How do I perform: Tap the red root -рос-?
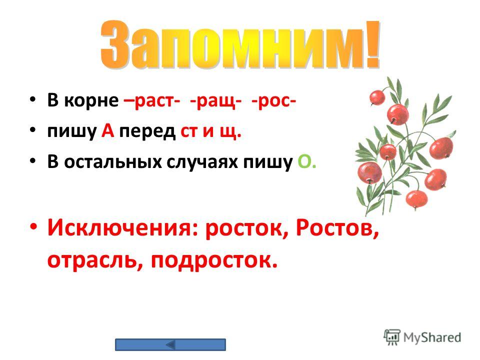[273, 101]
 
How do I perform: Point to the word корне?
[91, 100]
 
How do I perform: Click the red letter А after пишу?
[108, 131]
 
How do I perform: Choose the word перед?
[147, 131]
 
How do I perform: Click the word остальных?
[113, 162]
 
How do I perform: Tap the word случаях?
[202, 162]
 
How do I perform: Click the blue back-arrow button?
[170, 344]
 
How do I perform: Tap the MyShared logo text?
[432, 337]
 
